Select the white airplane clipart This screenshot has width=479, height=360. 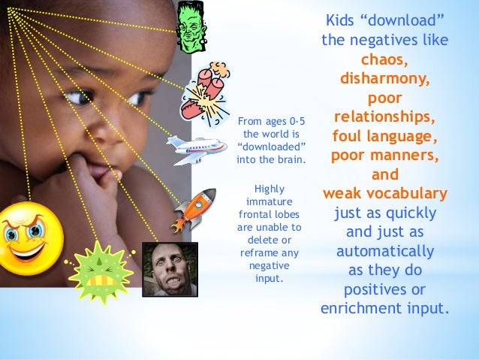(195, 150)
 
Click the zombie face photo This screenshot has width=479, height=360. (170, 269)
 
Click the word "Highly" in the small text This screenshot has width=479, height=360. (270, 189)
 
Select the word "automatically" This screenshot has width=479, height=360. (385, 251)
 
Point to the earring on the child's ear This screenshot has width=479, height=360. (116, 174)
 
